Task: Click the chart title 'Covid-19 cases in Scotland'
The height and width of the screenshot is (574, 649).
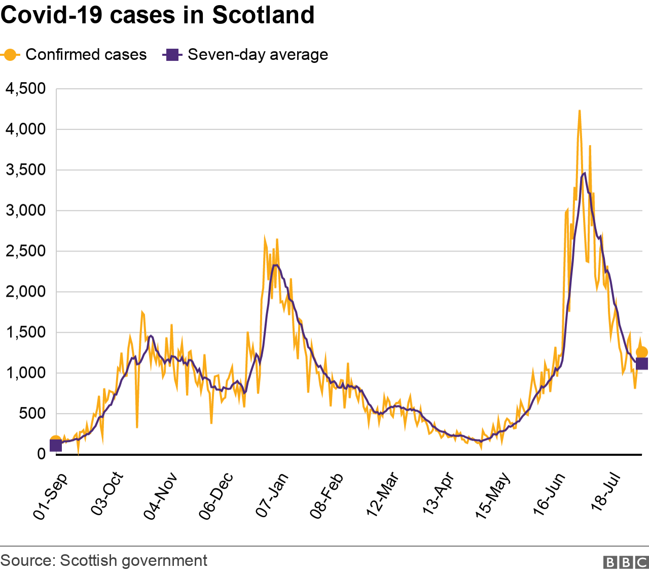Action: coord(158,15)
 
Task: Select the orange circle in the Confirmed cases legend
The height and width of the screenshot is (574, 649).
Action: coord(10,55)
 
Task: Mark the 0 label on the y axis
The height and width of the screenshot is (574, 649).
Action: coord(41,454)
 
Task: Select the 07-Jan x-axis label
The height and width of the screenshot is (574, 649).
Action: coord(272,495)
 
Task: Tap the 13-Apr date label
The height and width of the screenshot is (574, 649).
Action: coord(438,494)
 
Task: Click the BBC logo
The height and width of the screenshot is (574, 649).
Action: coord(625,562)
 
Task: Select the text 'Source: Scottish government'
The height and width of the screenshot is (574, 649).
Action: coord(104,560)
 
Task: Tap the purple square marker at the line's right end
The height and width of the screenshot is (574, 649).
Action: coord(642,364)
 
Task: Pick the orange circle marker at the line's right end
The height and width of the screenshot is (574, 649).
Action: coord(642,352)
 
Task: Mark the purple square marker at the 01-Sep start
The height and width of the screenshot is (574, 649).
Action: coord(56,446)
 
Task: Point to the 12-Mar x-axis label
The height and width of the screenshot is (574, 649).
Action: coord(383,495)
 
